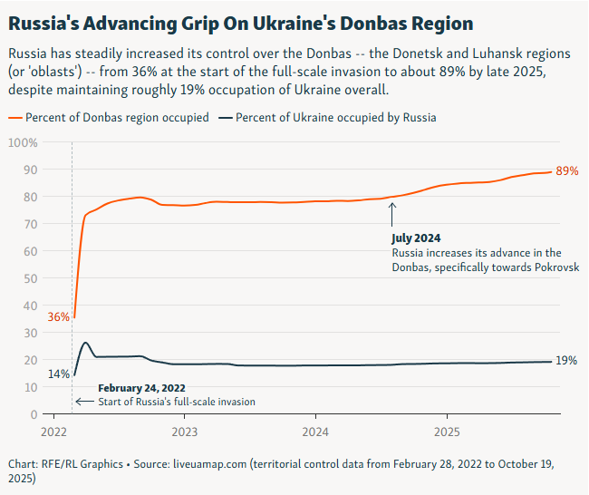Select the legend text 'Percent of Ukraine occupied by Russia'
(x=336, y=118)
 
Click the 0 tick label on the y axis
(x=33, y=414)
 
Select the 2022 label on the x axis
(x=54, y=432)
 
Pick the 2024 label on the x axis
(x=315, y=432)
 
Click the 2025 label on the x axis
(x=446, y=432)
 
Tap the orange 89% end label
(x=566, y=171)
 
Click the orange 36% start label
(x=58, y=317)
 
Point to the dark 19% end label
(x=566, y=361)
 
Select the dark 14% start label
(x=58, y=374)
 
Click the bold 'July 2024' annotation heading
(x=416, y=238)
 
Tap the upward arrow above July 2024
(x=392, y=214)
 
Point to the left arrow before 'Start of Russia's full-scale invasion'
(x=83, y=402)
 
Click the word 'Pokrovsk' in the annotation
(x=553, y=267)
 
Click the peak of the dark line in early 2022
(x=85, y=343)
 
